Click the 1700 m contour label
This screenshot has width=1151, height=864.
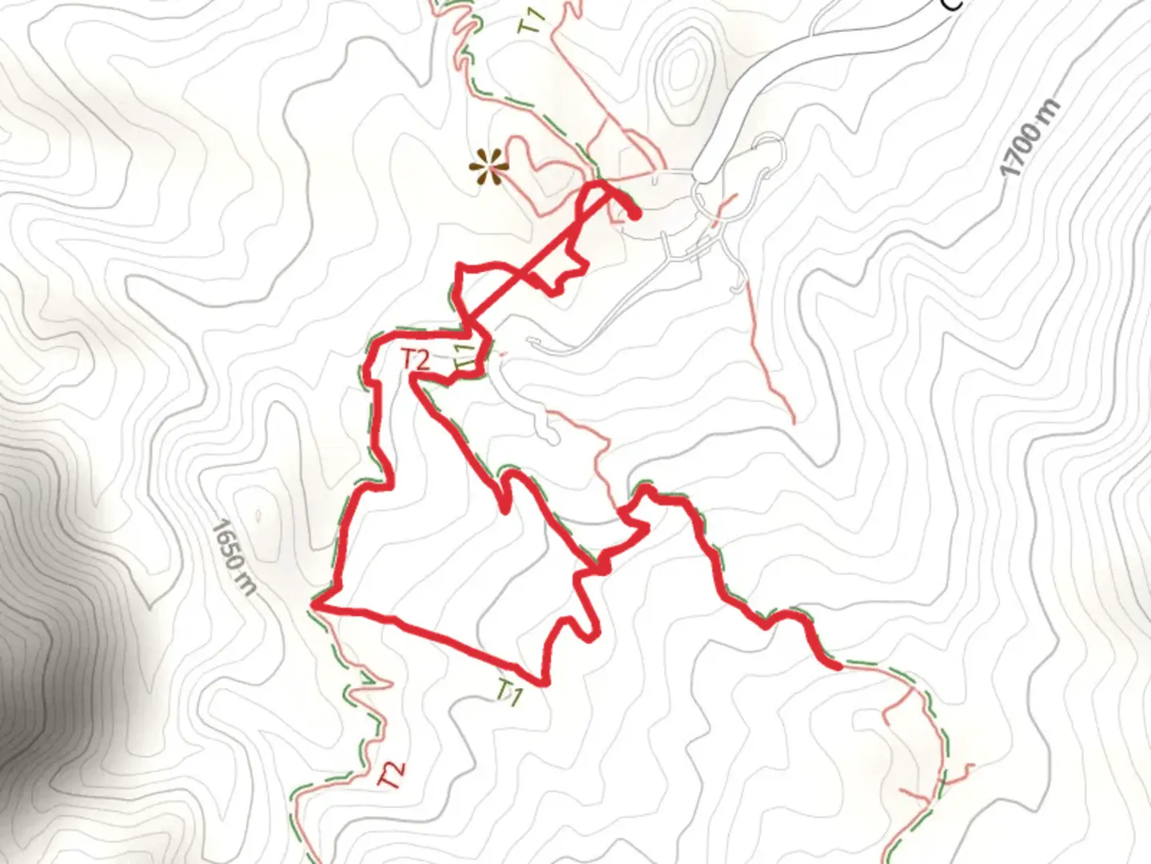(x=1031, y=138)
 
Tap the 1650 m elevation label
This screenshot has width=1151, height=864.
(x=235, y=558)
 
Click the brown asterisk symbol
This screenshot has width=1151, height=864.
(x=488, y=169)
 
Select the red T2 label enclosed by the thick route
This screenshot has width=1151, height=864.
(x=415, y=360)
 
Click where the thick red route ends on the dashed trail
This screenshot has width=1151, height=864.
(x=836, y=664)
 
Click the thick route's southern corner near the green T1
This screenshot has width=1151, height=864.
(x=544, y=682)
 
